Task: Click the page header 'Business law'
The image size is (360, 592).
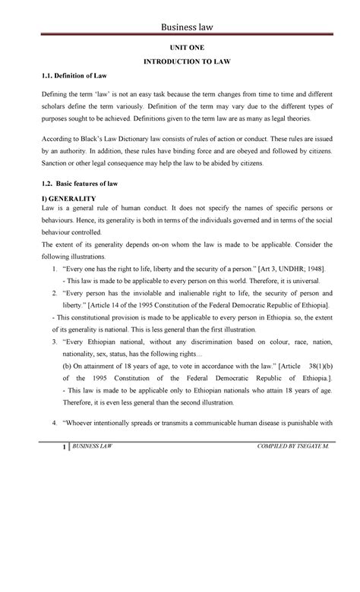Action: click(186, 27)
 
